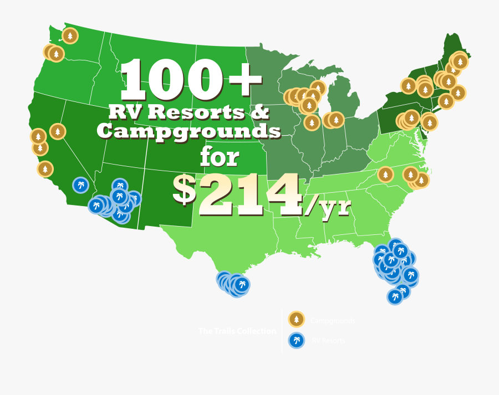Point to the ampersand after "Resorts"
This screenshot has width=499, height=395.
260,112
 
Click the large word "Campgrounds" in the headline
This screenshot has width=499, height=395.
189,132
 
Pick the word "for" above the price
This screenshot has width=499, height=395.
220,157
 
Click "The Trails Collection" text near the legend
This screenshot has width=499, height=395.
237,331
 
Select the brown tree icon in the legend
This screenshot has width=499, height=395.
297,319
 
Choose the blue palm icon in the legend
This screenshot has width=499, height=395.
297,340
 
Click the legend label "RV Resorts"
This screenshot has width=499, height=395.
328,341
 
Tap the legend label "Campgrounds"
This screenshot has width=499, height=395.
333,320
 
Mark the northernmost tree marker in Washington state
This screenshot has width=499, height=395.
70,36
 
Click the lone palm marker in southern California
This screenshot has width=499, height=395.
80,184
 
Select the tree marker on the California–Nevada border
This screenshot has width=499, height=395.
58,131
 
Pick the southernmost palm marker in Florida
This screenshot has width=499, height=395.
395,296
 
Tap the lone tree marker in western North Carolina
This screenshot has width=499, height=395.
385,175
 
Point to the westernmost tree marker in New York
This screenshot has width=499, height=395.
408,86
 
